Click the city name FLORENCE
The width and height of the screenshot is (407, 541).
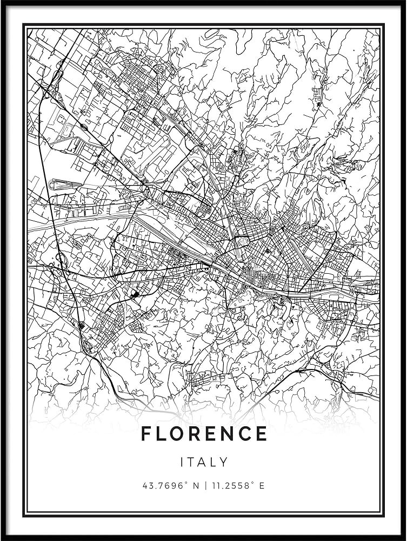pyautogui.click(x=204, y=433)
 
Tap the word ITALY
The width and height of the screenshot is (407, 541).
pyautogui.click(x=204, y=462)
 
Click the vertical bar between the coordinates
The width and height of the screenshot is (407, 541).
pyautogui.click(x=204, y=486)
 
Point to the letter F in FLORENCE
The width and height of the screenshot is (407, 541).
pyautogui.click(x=146, y=433)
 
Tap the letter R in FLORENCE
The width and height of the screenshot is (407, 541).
pyautogui.click(x=197, y=433)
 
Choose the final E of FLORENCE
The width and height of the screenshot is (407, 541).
pyautogui.click(x=262, y=433)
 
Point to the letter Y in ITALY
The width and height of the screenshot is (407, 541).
pyautogui.click(x=224, y=462)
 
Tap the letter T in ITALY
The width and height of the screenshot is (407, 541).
pyautogui.click(x=192, y=462)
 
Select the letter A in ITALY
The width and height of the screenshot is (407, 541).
pyautogui.click(x=203, y=462)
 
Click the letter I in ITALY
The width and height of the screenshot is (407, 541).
pyautogui.click(x=182, y=462)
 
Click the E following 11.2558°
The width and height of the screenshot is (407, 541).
pyautogui.click(x=262, y=486)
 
